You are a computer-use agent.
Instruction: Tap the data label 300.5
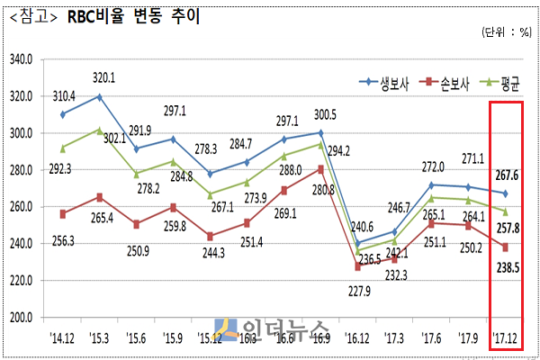323,114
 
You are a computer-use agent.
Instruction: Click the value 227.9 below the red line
358,290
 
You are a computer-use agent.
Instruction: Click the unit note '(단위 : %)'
507,34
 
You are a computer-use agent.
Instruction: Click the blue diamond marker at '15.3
99,96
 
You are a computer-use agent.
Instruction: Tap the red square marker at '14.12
62,214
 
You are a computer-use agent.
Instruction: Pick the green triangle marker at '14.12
62,148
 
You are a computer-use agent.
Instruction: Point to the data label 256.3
63,241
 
